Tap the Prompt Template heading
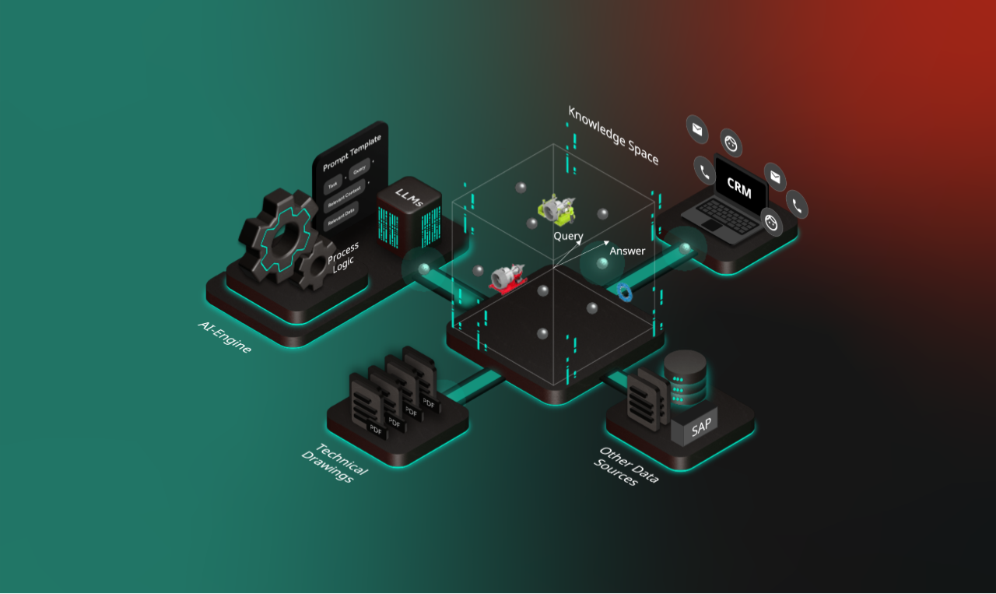tap(352, 152)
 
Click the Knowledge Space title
tap(613, 135)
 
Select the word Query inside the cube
tap(568, 235)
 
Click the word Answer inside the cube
tap(627, 251)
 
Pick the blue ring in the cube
tap(625, 291)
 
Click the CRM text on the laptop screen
tap(738, 187)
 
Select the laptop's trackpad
tap(711, 224)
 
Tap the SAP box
tap(701, 427)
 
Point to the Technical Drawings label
tap(334, 462)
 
